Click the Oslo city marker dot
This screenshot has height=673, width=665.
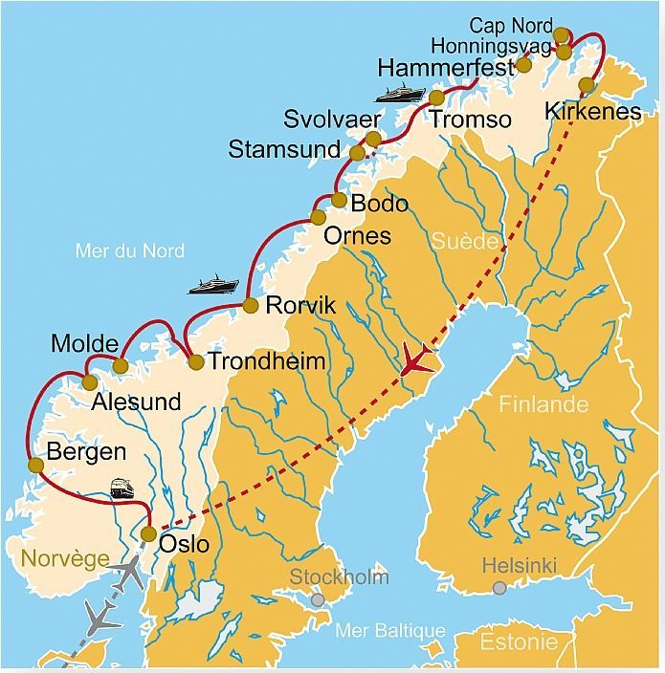click(x=148, y=534)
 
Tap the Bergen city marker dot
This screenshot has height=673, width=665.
click(x=36, y=466)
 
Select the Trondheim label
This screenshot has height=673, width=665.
click(x=266, y=362)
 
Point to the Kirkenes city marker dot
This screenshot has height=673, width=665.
click(x=587, y=85)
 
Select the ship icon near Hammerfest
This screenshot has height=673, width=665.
click(x=399, y=94)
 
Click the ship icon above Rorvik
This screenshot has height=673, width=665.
click(x=212, y=284)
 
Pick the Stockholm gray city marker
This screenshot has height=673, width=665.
click(x=317, y=599)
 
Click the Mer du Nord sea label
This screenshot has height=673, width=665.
click(x=129, y=251)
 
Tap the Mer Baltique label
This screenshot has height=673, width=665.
click(x=390, y=631)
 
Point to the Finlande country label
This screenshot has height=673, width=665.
click(x=543, y=404)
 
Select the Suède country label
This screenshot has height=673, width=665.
click(x=464, y=241)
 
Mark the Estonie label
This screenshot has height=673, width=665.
click(x=518, y=640)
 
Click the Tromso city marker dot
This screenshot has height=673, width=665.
click(x=436, y=98)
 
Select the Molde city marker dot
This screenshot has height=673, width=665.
click(x=121, y=366)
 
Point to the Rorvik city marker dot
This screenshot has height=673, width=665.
click(x=250, y=306)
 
